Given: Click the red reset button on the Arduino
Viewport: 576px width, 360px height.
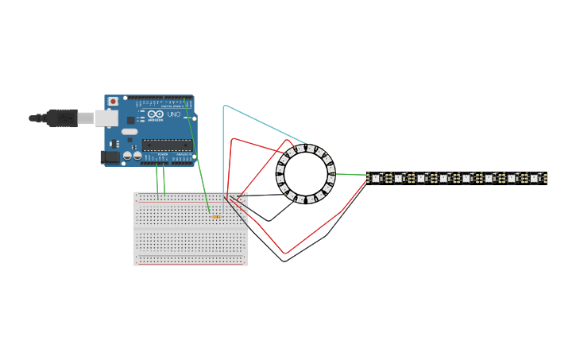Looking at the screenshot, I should [x=113, y=101].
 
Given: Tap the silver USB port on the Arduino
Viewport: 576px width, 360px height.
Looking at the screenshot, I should [x=106, y=118].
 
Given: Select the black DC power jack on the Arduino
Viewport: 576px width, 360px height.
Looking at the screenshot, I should [x=110, y=157].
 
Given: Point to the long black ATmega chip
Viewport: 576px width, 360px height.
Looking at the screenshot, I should [x=167, y=145].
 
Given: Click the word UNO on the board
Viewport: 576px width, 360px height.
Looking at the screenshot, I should [x=174, y=115].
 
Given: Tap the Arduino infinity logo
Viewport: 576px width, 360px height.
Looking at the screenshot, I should [x=154, y=115].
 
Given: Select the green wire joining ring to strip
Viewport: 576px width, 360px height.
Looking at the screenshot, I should [x=350, y=174].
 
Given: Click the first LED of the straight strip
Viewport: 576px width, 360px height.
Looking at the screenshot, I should [x=376, y=178].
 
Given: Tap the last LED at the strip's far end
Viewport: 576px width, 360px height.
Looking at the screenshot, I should [x=534, y=178].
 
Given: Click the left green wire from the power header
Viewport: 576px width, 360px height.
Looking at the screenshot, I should [x=157, y=179].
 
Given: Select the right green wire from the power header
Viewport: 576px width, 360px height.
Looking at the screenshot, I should [x=164, y=179].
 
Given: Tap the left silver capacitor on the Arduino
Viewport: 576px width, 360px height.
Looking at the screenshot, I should [x=127, y=156].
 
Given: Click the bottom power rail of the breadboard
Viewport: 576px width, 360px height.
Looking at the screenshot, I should [x=191, y=260].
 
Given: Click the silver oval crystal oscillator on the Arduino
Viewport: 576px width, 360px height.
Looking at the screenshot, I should [x=130, y=131].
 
